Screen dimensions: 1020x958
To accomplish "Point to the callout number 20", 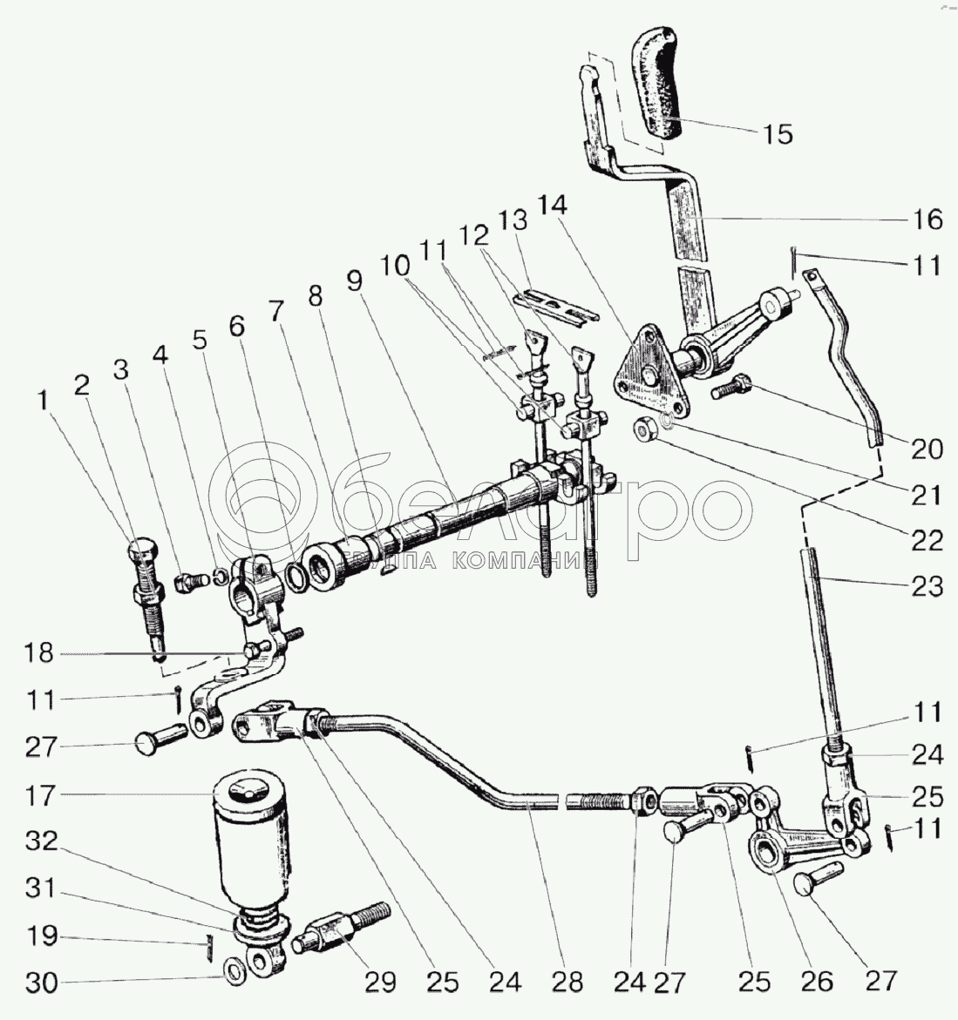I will (927, 449).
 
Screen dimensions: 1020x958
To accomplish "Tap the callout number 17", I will (40, 795).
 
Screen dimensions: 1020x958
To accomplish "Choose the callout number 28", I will (567, 983).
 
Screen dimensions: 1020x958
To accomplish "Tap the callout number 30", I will (40, 983).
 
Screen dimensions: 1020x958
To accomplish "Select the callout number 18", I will (40, 653).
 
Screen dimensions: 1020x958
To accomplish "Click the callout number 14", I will (553, 206).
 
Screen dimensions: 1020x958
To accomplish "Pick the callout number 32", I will (40, 842).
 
